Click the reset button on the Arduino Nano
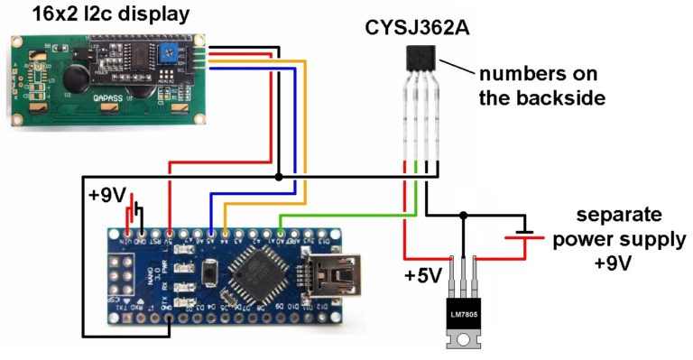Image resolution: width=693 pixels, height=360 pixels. coord(210,271)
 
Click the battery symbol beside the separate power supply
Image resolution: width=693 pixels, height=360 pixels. coord(515,239)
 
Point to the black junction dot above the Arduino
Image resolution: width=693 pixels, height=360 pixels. coord(279,178)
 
